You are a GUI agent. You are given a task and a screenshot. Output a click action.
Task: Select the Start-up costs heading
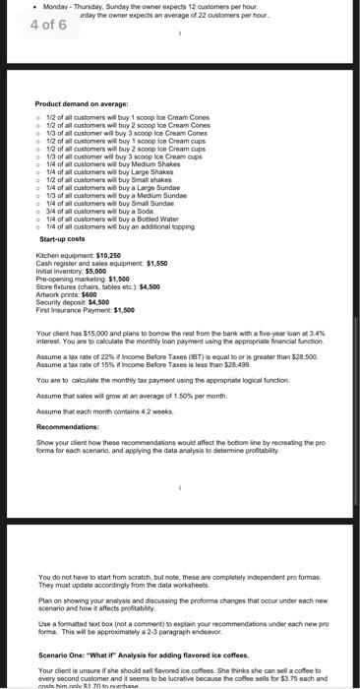[62, 239]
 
